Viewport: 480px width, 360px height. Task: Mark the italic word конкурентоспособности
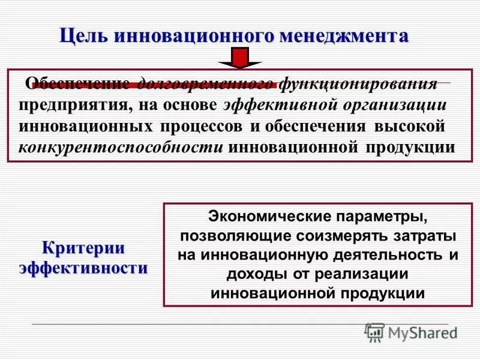point(121,148)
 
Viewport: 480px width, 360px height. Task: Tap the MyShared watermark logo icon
point(374,331)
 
